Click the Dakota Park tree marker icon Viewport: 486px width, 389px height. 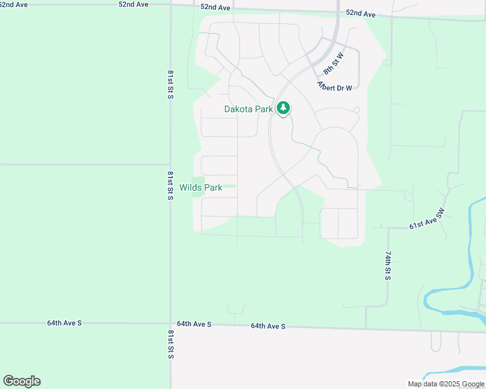tap(283, 108)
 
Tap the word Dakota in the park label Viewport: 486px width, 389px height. tap(238, 109)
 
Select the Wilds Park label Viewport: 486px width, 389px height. tap(201, 187)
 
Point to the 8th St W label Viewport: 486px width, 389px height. tap(333, 63)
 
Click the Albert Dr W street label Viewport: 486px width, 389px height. tap(334, 86)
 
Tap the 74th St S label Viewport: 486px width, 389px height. tap(387, 265)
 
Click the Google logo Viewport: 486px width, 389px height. tap(21, 381)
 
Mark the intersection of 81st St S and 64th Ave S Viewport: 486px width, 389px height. tap(171, 322)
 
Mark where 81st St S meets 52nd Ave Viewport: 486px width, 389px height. tap(171, 6)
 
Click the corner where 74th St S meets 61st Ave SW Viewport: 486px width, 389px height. tap(389, 228)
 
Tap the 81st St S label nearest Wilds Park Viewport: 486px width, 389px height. tap(170, 185)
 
